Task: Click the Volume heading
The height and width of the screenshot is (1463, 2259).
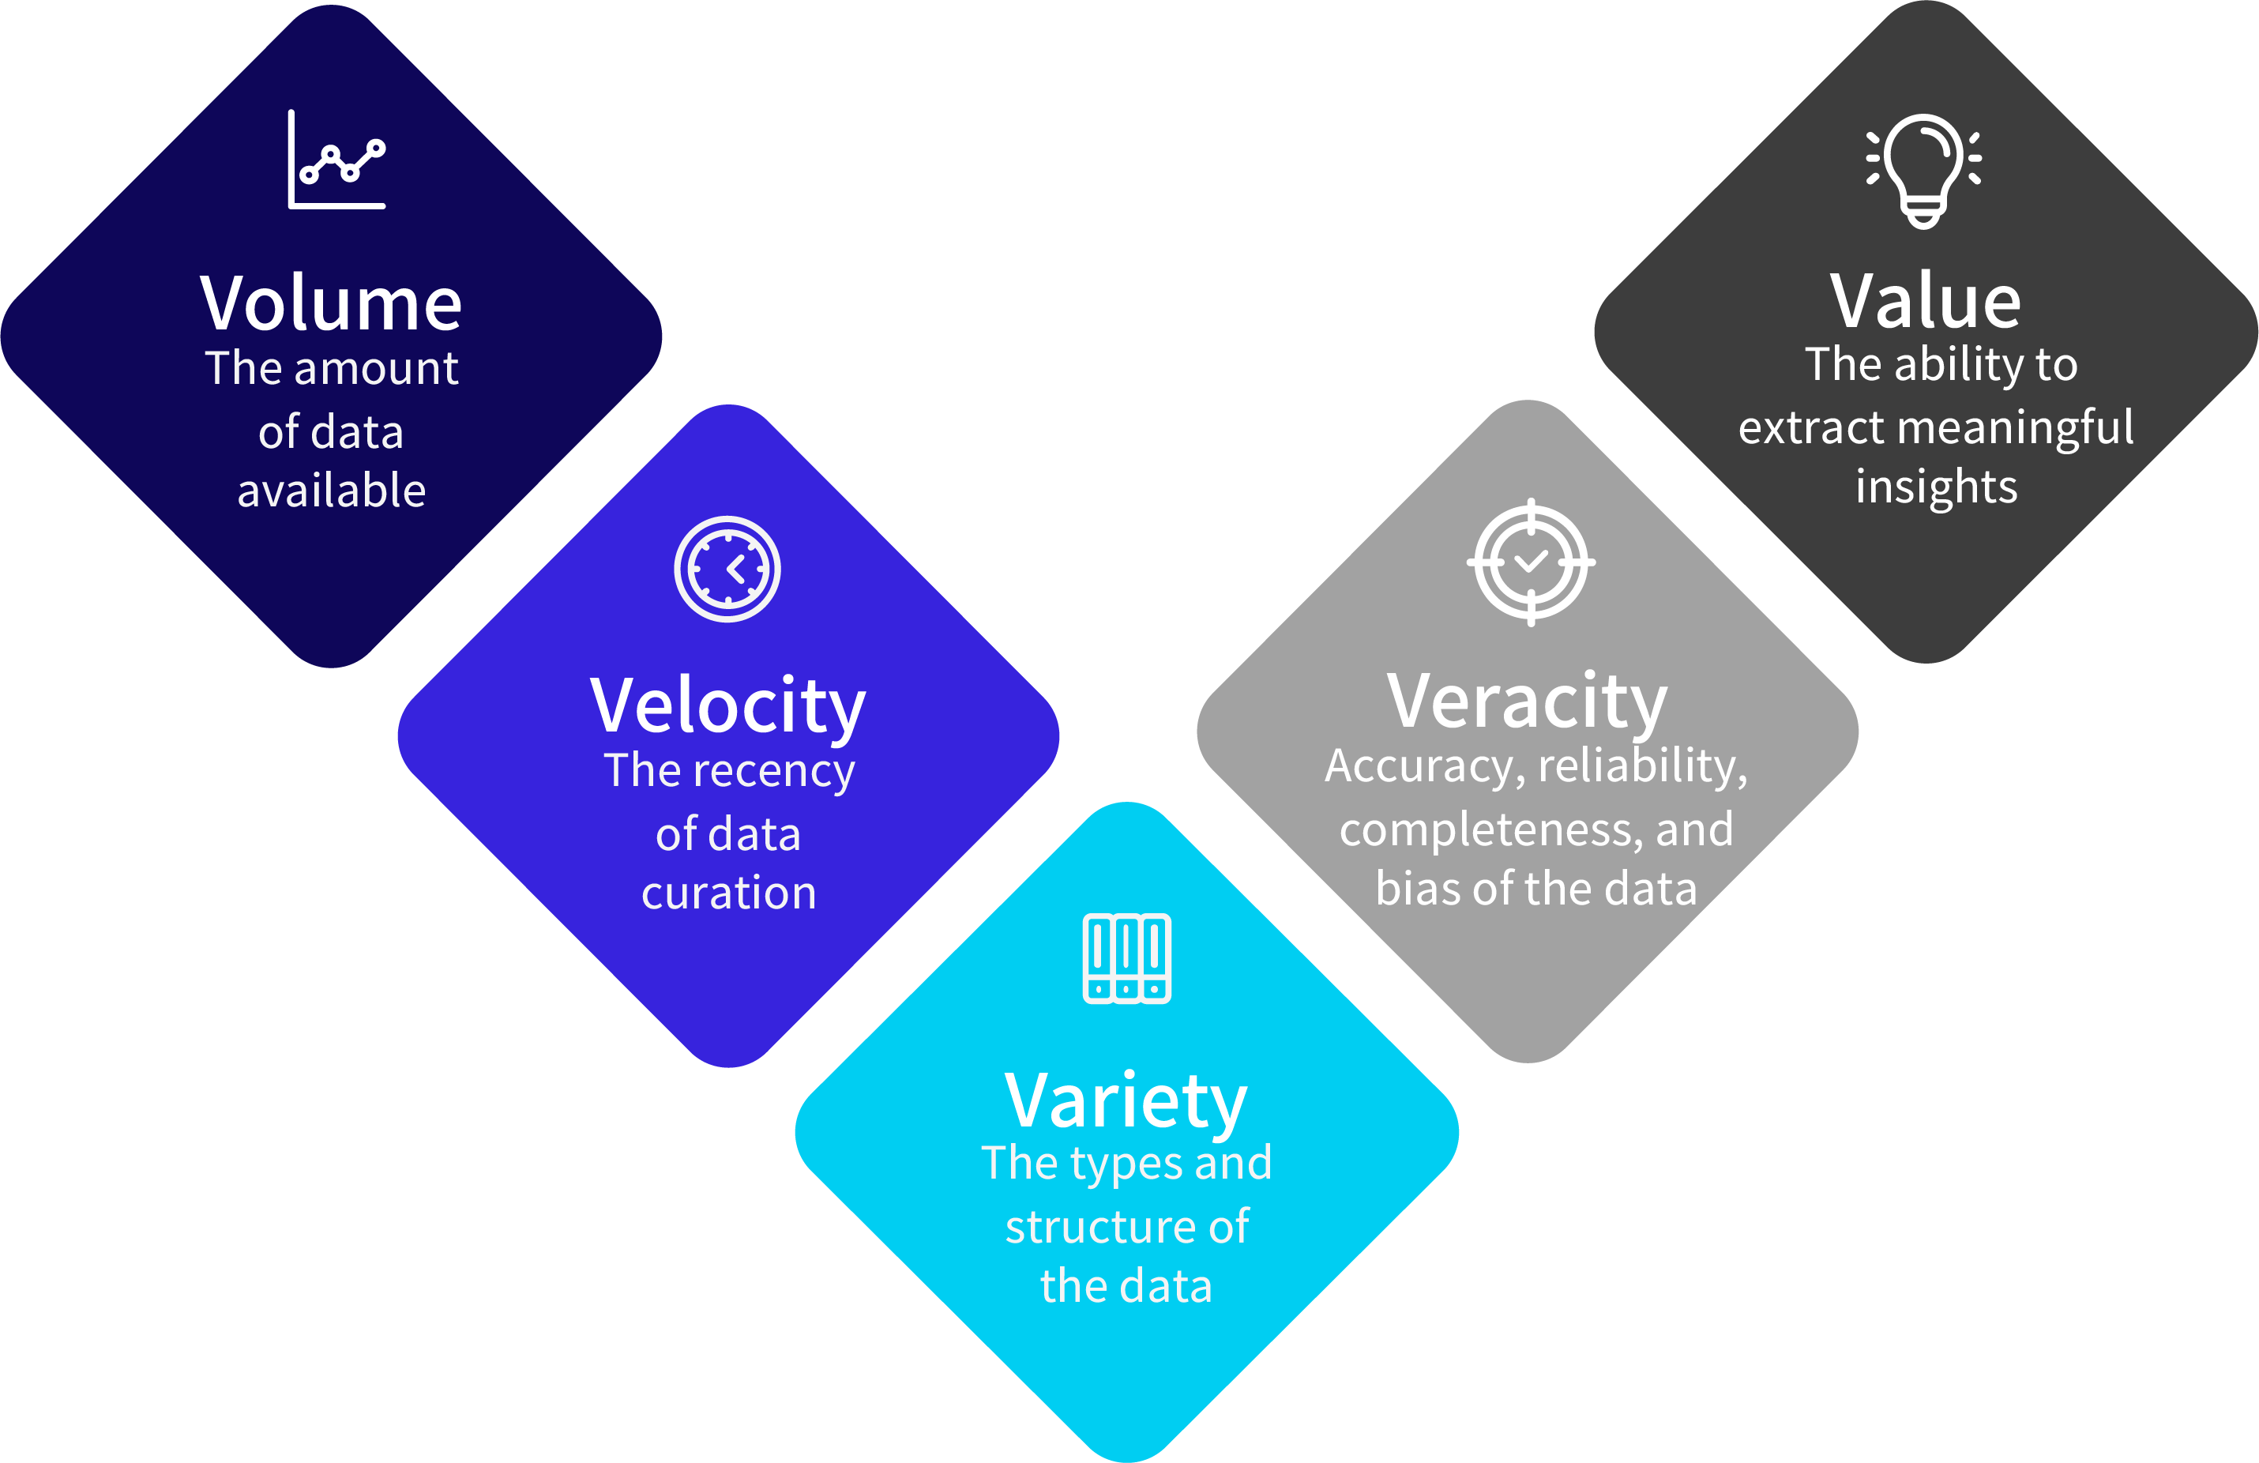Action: [330, 304]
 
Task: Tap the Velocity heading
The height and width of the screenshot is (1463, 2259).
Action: [728, 706]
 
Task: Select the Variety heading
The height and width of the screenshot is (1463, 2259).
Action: [1126, 1101]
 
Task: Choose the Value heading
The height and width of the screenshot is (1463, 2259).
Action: [1925, 301]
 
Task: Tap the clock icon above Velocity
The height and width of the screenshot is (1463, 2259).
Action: [728, 570]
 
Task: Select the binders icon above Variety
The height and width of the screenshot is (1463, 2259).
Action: [1126, 958]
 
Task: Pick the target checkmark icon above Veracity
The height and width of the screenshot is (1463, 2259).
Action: [1531, 562]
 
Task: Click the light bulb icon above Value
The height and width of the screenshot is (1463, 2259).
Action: [1924, 170]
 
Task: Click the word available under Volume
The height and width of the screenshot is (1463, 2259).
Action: [331, 491]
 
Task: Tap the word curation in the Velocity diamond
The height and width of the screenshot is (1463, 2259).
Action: [729, 893]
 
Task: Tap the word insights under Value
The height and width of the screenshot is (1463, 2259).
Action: [1936, 488]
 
